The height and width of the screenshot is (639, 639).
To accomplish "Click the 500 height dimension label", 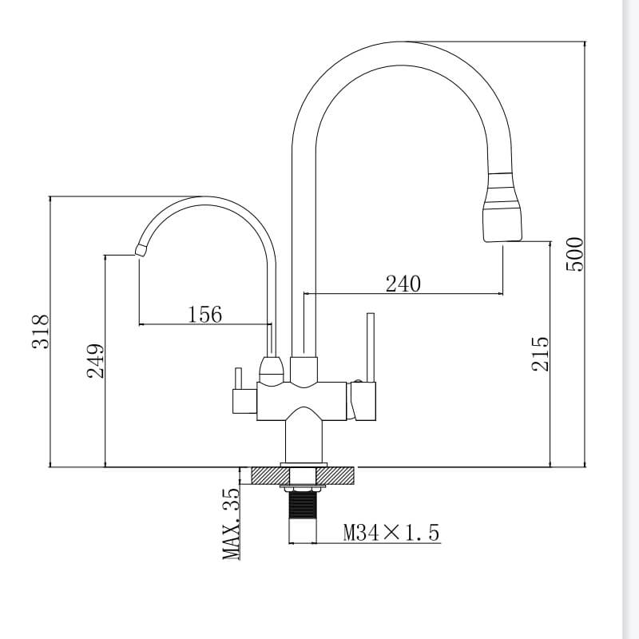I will pyautogui.click(x=576, y=254).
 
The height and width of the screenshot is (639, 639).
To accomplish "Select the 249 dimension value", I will pyautogui.click(x=96, y=360).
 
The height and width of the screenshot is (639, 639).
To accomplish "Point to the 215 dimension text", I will pyautogui.click(x=541, y=352).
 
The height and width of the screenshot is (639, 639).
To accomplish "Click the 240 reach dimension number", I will pyautogui.click(x=403, y=284).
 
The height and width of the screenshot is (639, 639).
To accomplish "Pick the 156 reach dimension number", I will pyautogui.click(x=204, y=314).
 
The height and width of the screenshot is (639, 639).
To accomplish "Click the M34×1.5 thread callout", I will pyautogui.click(x=391, y=532).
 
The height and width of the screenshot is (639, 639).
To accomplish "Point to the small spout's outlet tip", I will pyautogui.click(x=141, y=251).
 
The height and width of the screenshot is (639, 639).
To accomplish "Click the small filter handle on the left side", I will pyautogui.click(x=237, y=390).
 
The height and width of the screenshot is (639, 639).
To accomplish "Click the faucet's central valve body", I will pyautogui.click(x=304, y=399).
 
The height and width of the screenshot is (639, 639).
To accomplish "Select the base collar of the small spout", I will pyautogui.click(x=272, y=368).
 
